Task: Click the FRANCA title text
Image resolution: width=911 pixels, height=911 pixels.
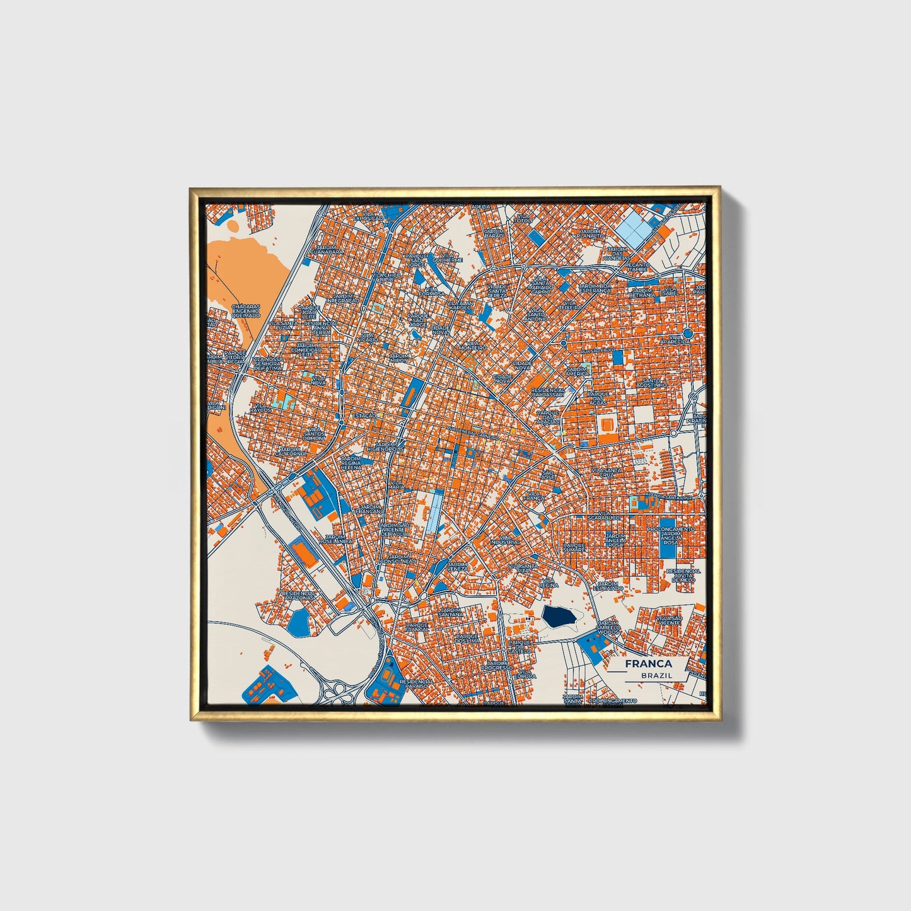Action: click(648, 664)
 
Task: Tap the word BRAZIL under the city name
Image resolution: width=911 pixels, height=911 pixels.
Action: click(656, 675)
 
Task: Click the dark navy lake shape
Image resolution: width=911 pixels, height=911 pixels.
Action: click(559, 617)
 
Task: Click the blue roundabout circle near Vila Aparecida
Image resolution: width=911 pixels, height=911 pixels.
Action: click(688, 332)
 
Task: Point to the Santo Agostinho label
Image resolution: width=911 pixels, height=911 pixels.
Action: click(651, 383)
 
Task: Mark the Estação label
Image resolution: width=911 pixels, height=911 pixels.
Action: click(364, 416)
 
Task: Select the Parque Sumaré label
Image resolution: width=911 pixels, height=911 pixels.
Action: click(574, 547)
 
